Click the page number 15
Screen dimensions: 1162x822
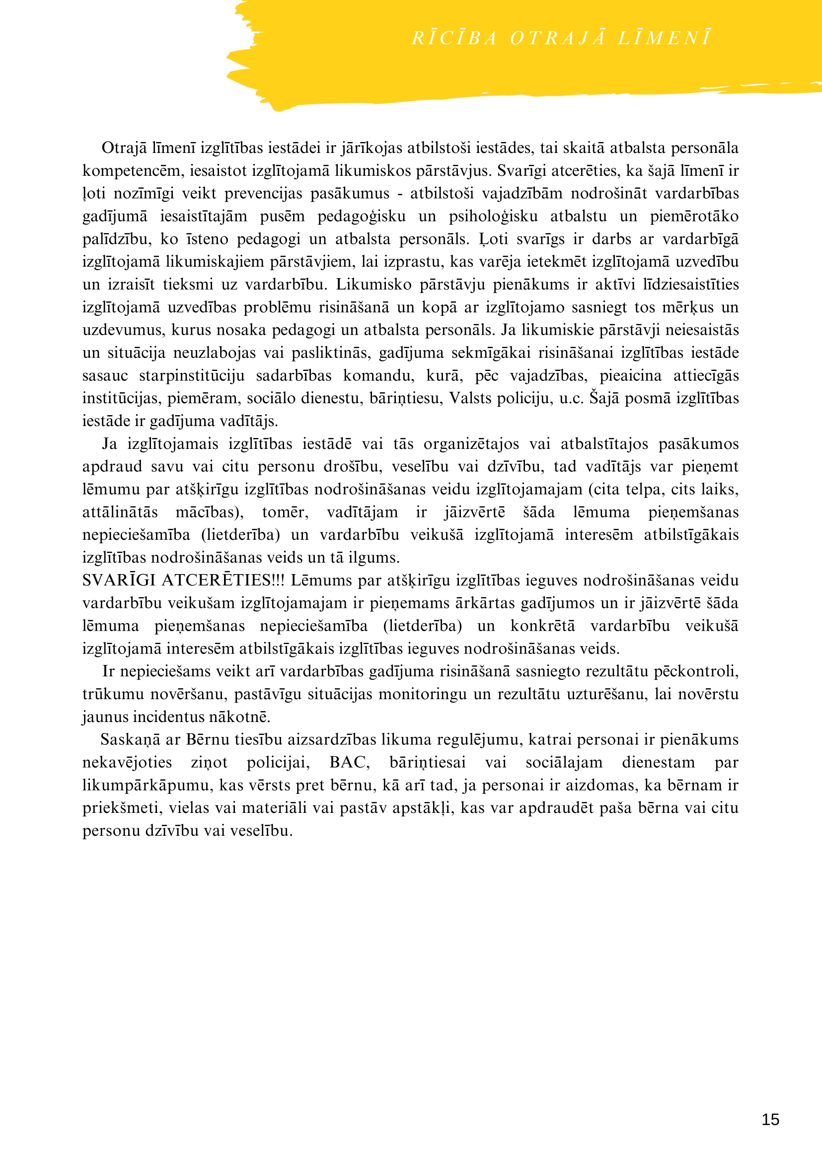(770, 1119)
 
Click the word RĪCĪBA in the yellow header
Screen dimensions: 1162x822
(454, 38)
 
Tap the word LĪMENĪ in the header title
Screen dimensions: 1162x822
(664, 38)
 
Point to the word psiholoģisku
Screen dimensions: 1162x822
(493, 216)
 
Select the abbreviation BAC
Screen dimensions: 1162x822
(349, 762)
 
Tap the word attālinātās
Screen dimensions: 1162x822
(120, 512)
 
